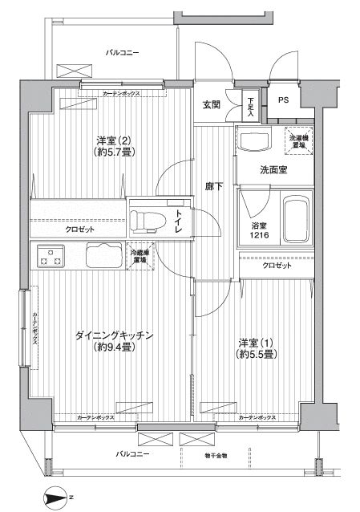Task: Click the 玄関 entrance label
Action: [x=211, y=105]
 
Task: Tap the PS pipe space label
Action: [x=284, y=100]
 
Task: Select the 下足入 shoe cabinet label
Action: [x=250, y=102]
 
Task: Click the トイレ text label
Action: [x=179, y=220]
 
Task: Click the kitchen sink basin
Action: [x=103, y=256]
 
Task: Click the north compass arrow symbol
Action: [x=55, y=496]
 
